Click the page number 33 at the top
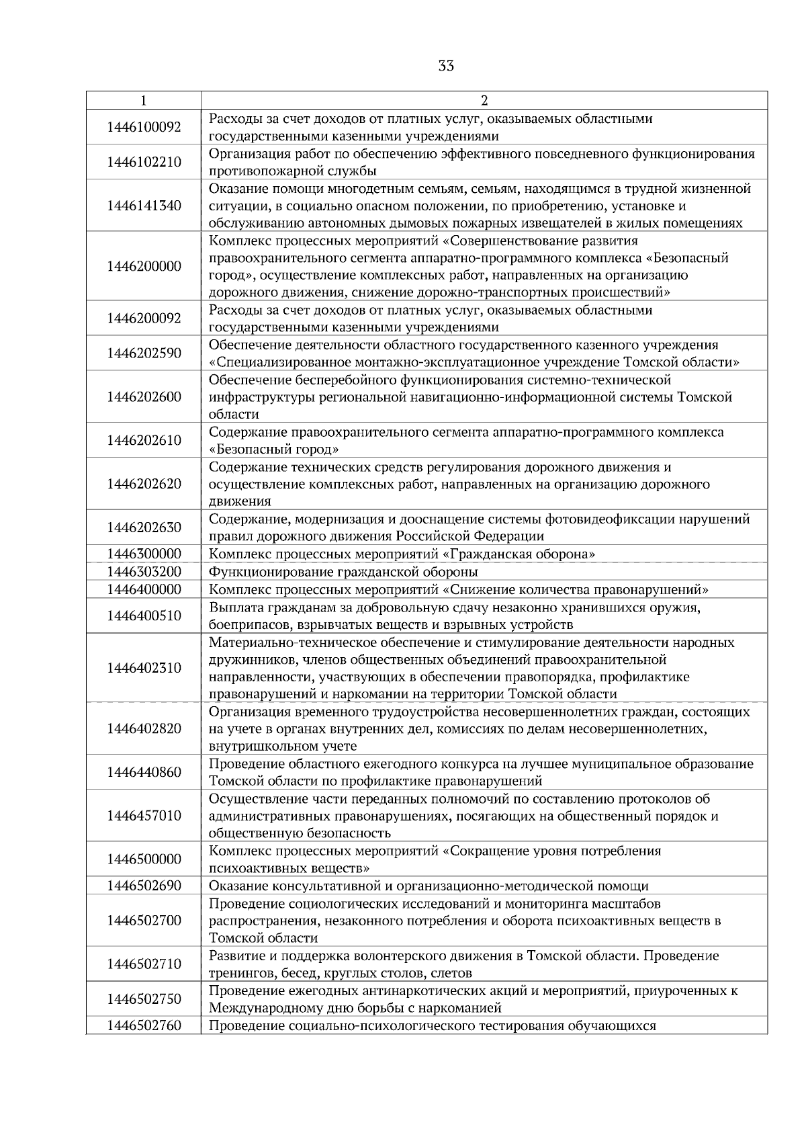[x=445, y=66]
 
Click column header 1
[x=144, y=101]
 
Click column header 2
[x=484, y=101]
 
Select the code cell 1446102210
[x=144, y=162]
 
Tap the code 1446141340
[x=144, y=206]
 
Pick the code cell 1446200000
[x=144, y=266]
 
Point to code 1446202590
[x=144, y=353]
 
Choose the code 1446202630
[x=144, y=527]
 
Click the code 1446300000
[x=144, y=554]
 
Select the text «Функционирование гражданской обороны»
[x=343, y=572]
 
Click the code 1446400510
[x=144, y=616]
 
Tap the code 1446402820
[x=144, y=728]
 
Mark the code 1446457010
[x=144, y=816]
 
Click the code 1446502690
[x=144, y=886]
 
